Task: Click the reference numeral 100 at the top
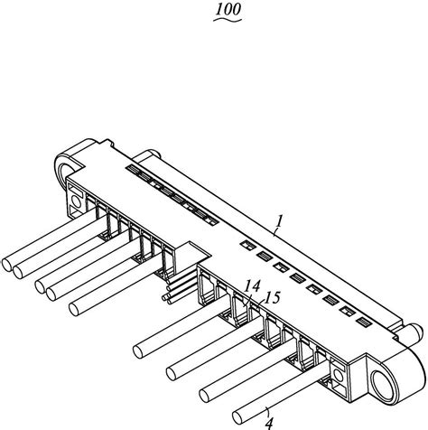tap(228, 9)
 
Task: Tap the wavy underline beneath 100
tap(228, 20)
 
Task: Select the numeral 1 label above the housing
tap(280, 221)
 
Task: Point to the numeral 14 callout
tap(252, 286)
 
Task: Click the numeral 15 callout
tap(273, 297)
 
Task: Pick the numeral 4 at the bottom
tap(269, 424)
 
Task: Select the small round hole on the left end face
tap(76, 201)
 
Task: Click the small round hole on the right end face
tap(339, 375)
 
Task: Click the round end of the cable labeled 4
tap(237, 417)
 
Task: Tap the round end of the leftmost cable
tap(6, 265)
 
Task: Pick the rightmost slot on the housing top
tap(364, 322)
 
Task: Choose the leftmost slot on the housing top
tap(134, 169)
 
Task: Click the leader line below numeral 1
tap(276, 231)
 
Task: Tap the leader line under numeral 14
tap(247, 299)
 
